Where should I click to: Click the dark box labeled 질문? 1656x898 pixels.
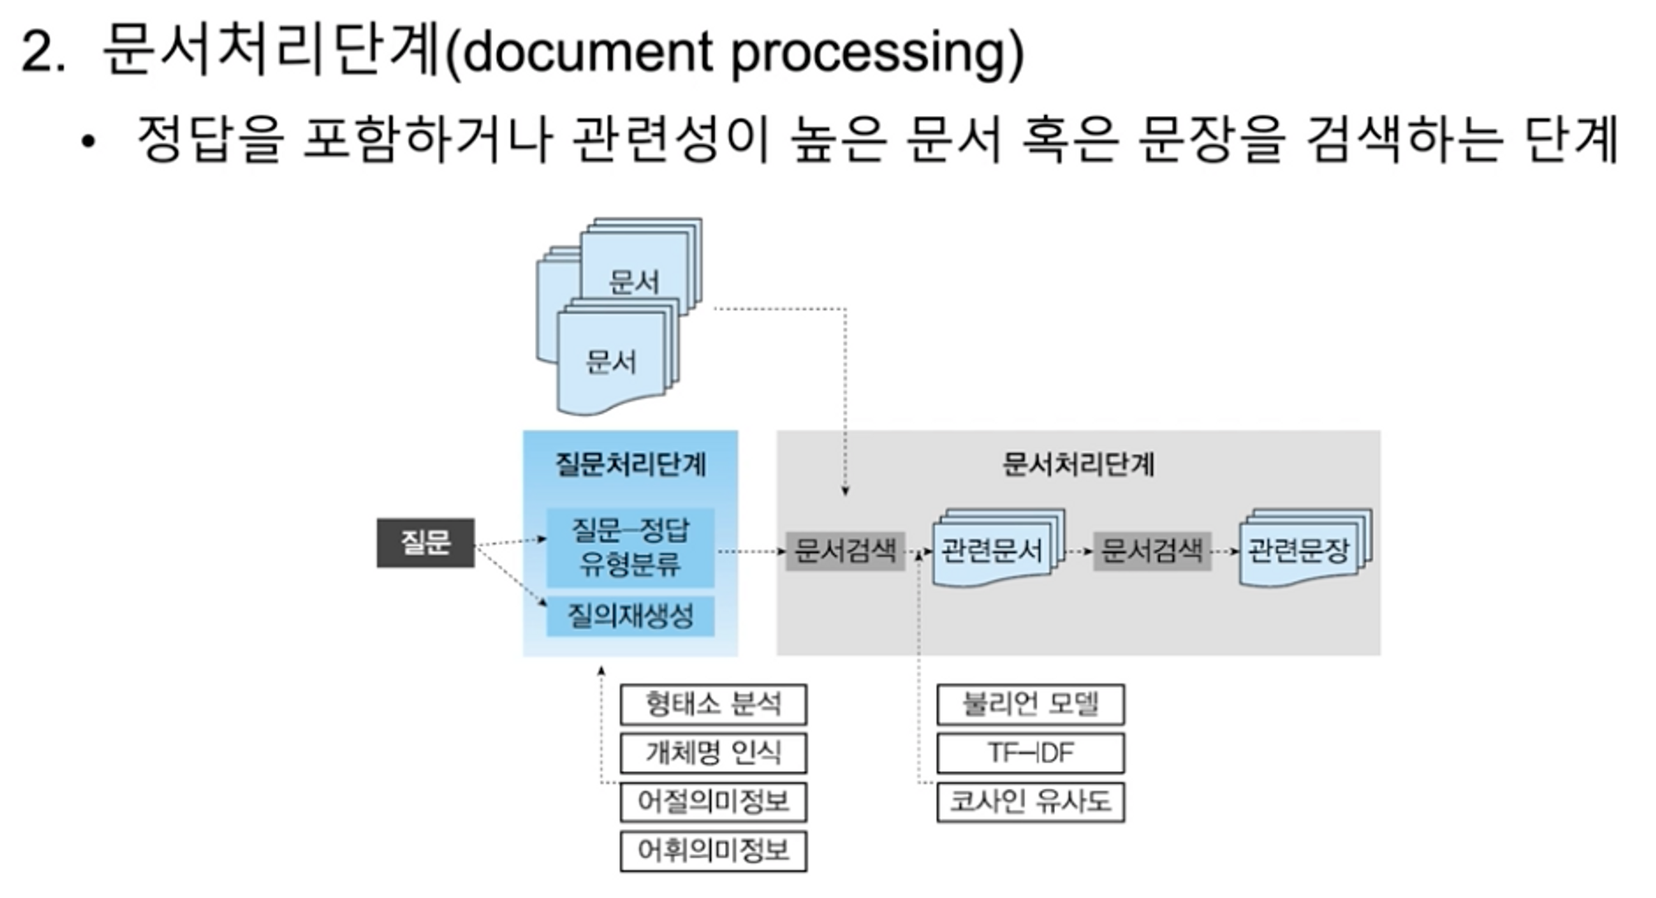click(426, 543)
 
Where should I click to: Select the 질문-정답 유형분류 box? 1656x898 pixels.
click(630, 548)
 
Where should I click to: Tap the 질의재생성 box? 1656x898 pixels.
click(630, 616)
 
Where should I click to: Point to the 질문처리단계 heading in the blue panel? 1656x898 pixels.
click(630, 464)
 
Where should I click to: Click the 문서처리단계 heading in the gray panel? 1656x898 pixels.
click(1078, 464)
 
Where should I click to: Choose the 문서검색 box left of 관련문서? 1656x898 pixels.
click(845, 551)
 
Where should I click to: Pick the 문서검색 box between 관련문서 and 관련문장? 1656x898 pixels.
click(1152, 551)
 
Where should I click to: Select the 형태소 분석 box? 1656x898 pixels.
click(713, 705)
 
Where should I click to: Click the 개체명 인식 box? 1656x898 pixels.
click(713, 753)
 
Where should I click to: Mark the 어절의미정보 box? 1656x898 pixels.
click(713, 802)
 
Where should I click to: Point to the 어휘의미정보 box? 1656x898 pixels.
click(713, 851)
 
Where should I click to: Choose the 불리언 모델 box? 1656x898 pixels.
click(1030, 705)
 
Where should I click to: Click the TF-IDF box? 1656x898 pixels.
click(1030, 753)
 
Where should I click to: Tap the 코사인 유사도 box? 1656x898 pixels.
click(1030, 802)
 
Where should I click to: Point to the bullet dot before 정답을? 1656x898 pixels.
click(89, 142)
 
